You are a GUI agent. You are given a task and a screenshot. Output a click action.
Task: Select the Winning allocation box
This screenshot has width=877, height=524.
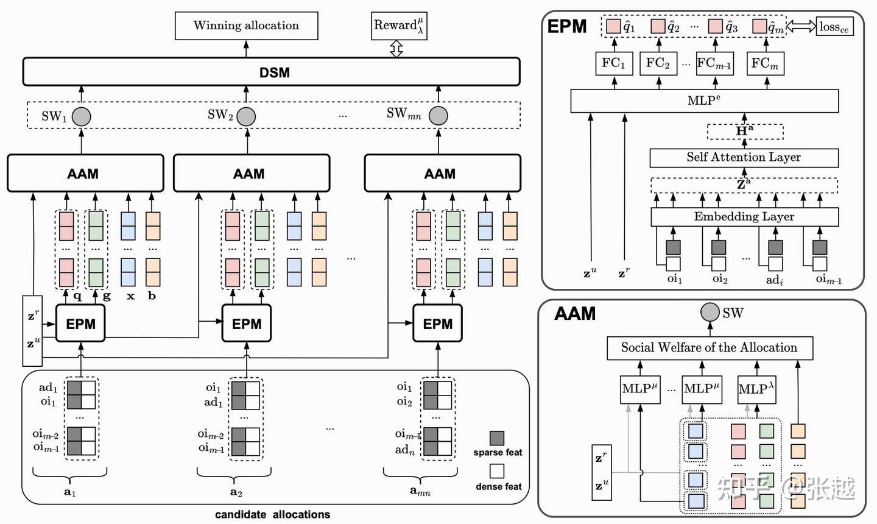coord(246,26)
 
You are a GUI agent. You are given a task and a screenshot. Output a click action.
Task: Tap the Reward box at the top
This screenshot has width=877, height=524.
coord(399,26)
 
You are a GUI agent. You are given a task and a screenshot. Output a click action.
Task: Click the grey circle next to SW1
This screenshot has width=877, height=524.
coord(82,116)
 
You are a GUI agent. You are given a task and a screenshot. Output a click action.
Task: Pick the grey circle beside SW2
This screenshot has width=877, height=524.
coord(246,116)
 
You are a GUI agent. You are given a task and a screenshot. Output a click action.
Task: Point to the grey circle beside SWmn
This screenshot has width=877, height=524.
coord(438,115)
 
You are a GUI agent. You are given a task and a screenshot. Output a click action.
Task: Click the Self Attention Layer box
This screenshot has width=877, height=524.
coord(744,157)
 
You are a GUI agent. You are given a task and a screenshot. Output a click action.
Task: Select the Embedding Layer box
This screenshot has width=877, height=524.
coord(744,216)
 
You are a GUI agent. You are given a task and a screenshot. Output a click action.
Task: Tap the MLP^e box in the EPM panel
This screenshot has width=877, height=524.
coord(704,101)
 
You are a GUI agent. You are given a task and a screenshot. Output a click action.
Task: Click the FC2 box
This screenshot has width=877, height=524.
coord(658,63)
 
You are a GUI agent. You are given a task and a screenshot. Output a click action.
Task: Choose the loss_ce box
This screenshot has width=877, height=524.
coord(834,26)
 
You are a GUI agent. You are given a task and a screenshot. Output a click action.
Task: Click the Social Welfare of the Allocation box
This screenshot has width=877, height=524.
coord(710,348)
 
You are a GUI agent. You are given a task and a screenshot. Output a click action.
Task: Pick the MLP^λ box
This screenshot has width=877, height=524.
coord(756,389)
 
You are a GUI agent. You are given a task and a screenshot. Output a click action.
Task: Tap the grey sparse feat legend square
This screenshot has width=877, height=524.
coord(497,438)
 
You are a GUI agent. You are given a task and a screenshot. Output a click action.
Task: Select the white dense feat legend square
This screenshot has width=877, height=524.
coord(497,471)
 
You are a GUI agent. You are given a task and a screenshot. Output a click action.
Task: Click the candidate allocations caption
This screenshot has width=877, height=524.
coord(272,514)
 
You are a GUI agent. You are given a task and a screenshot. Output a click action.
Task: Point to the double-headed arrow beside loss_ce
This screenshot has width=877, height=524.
coord(801,26)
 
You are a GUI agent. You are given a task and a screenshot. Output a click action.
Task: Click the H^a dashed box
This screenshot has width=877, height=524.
coord(745,131)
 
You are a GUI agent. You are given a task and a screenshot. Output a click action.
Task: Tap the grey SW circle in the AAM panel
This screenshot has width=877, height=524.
coord(710,312)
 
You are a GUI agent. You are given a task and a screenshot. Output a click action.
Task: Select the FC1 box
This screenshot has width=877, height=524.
coord(614,63)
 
